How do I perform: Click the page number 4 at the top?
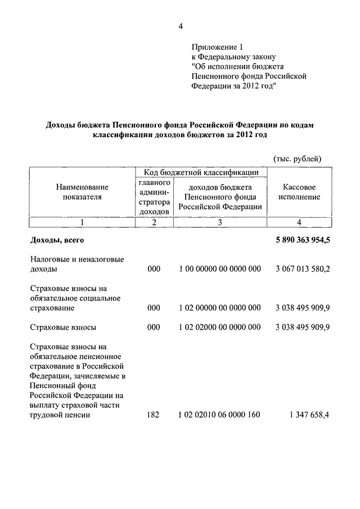point(181,25)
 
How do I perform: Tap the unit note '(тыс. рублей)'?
point(297,159)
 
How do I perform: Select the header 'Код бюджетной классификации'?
point(201,172)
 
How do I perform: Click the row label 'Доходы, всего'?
point(57,241)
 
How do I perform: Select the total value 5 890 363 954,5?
point(303,241)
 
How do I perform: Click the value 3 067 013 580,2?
point(303,269)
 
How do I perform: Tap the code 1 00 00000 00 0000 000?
point(220,269)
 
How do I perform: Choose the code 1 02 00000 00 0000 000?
point(220,308)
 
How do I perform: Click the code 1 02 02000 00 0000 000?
point(220,327)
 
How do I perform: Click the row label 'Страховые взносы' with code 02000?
point(62,327)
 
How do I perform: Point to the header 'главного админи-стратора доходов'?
point(154,197)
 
